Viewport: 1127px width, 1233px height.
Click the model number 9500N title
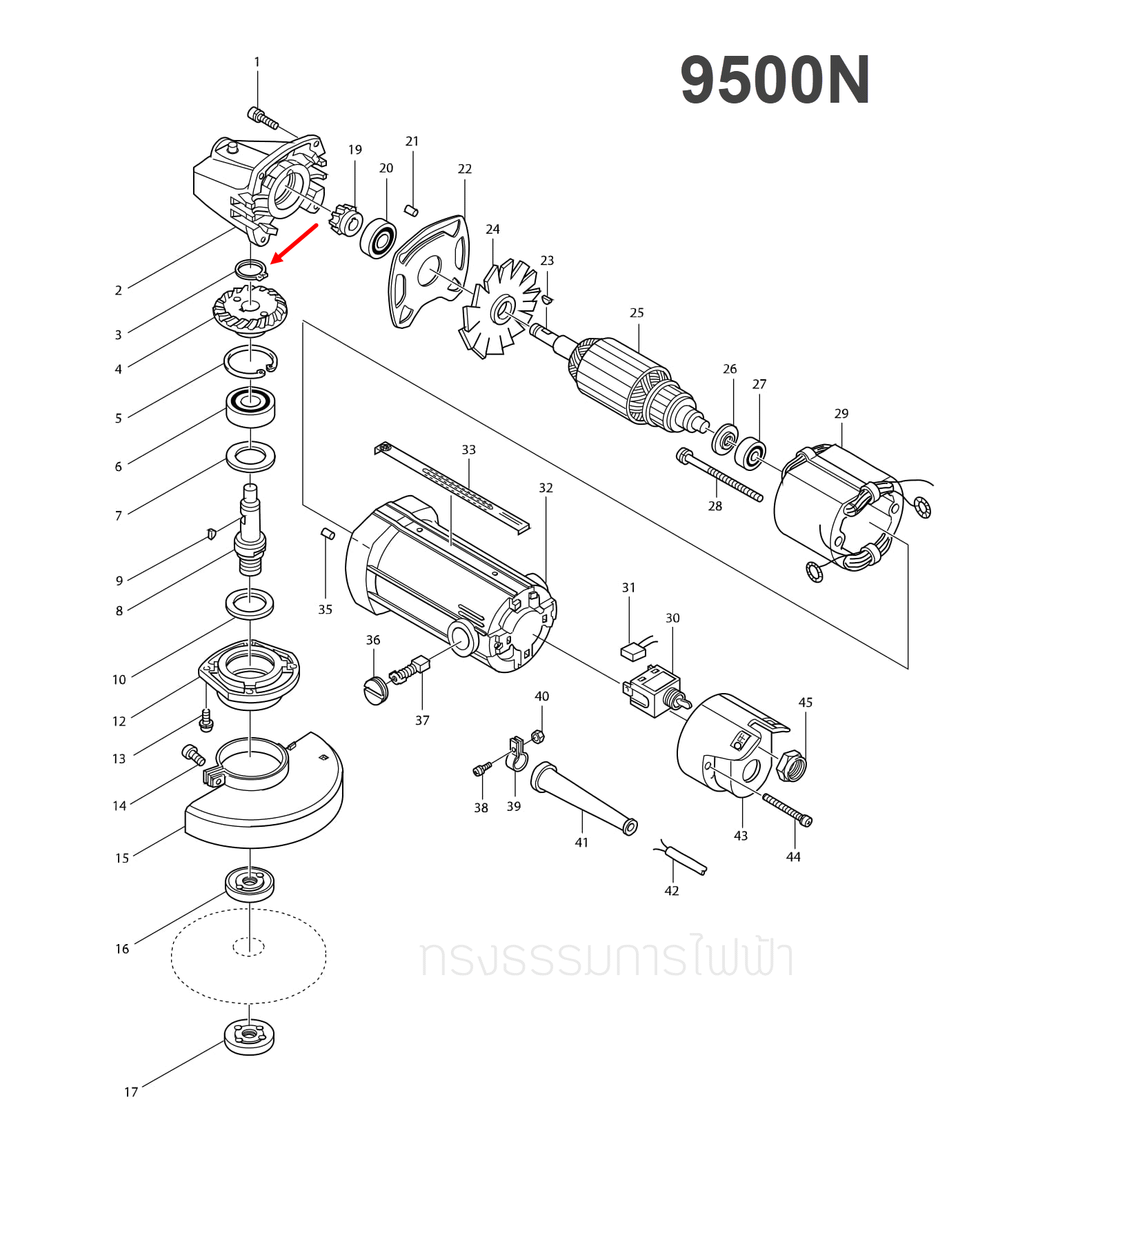[775, 81]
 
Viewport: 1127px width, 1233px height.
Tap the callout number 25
[637, 313]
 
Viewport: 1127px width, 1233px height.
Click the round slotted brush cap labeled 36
[376, 690]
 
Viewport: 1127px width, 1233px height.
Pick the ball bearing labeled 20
[378, 238]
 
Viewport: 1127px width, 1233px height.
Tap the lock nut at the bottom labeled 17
[249, 1036]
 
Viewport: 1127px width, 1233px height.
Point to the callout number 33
[468, 450]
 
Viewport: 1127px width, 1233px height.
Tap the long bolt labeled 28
[721, 474]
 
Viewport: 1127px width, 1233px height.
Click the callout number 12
[119, 721]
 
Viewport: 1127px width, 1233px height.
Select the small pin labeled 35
[328, 533]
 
